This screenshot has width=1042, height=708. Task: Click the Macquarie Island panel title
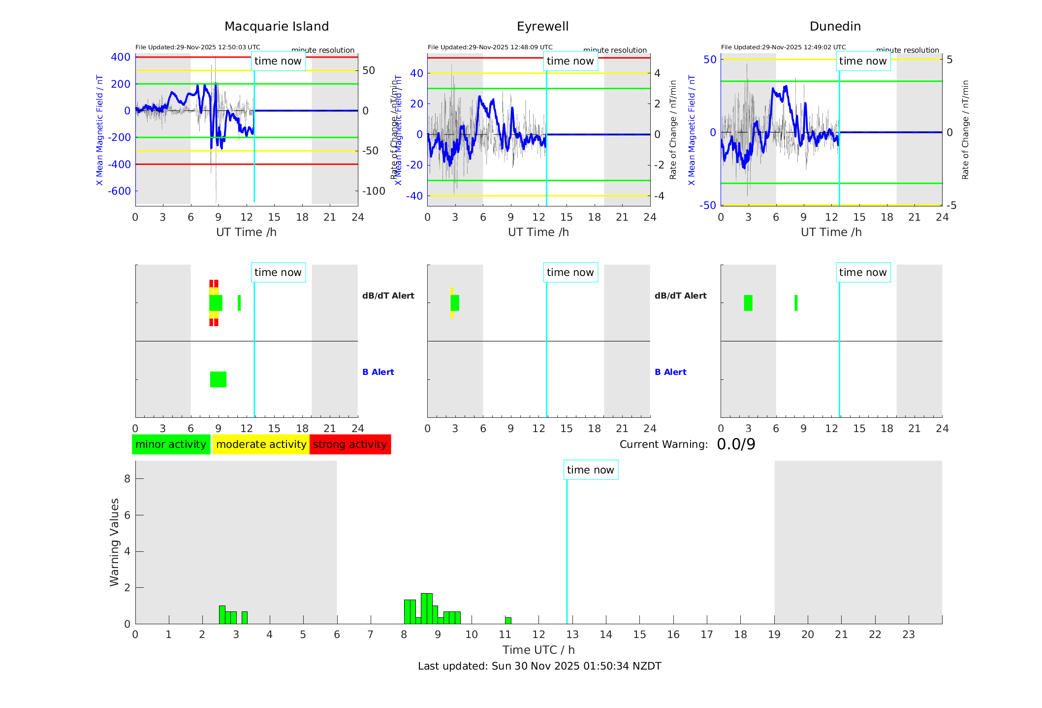point(276,27)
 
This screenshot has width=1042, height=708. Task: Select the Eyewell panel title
point(542,27)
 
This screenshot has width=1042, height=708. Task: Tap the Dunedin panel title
point(835,27)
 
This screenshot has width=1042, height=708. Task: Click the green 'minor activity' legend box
point(171,444)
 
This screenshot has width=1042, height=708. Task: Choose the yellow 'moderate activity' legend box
point(261,444)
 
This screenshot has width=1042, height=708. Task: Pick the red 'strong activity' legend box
point(350,444)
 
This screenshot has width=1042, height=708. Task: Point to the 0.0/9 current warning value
point(736,444)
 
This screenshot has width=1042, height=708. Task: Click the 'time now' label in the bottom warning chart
point(590,470)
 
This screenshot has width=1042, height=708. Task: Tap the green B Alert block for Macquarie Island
point(218,379)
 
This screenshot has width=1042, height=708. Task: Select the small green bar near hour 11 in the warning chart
point(508,620)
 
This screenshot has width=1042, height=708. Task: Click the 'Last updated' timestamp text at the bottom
point(539,666)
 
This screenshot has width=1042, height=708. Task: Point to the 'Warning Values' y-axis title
point(115,542)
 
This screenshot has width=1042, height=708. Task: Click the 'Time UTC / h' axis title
point(538,650)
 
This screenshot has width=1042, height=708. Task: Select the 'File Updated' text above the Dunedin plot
point(783,47)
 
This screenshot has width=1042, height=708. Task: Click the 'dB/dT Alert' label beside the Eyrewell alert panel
point(680,296)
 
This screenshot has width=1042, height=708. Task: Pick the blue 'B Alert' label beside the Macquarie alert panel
point(378,372)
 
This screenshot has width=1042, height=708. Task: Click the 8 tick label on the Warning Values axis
point(127,478)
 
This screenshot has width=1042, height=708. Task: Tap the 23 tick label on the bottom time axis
point(908,635)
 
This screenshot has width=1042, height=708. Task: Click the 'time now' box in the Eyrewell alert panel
point(570,272)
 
